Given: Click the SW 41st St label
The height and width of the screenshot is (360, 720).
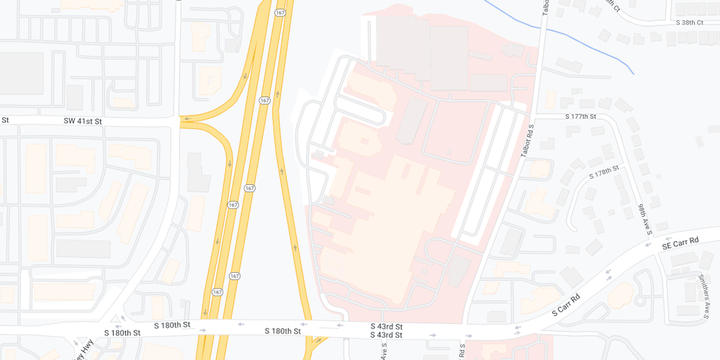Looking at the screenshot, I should [x=83, y=122].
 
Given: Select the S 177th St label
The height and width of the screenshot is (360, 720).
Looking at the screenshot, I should [x=581, y=116].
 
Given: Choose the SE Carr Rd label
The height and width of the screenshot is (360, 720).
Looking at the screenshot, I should [x=680, y=243].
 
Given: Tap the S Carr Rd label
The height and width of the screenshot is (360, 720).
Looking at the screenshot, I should [x=566, y=305].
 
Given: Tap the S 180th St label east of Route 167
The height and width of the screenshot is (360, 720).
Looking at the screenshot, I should [x=282, y=331].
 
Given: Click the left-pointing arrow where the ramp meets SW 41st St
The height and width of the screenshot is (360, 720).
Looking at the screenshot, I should [x=186, y=119].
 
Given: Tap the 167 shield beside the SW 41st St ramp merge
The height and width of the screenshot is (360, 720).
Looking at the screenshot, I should [x=265, y=101].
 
